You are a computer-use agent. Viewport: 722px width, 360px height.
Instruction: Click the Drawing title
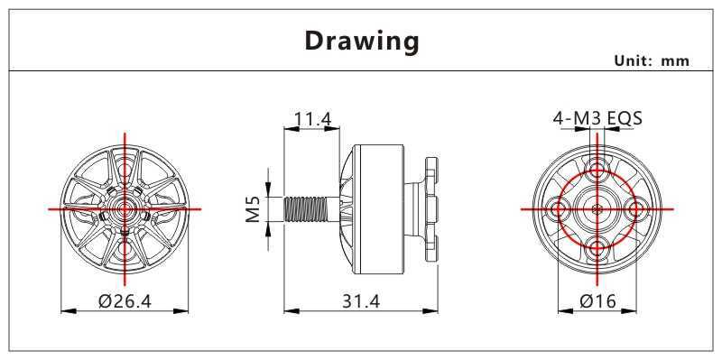click(362, 42)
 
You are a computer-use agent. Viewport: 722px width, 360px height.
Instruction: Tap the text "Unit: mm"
click(652, 60)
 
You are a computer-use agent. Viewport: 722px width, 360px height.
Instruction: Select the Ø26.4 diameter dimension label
click(125, 301)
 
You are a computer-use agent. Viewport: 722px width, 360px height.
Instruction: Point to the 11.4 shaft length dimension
click(312, 119)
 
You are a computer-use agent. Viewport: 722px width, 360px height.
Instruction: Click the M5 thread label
click(253, 209)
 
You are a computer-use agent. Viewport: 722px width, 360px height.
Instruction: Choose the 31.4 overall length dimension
click(361, 301)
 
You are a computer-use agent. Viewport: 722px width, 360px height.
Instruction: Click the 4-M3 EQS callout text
click(597, 119)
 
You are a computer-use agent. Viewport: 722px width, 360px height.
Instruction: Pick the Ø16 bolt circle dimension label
click(597, 301)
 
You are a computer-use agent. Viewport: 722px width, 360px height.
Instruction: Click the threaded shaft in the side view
click(306, 209)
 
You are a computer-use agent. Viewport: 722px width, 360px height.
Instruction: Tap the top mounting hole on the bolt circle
click(597, 170)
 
